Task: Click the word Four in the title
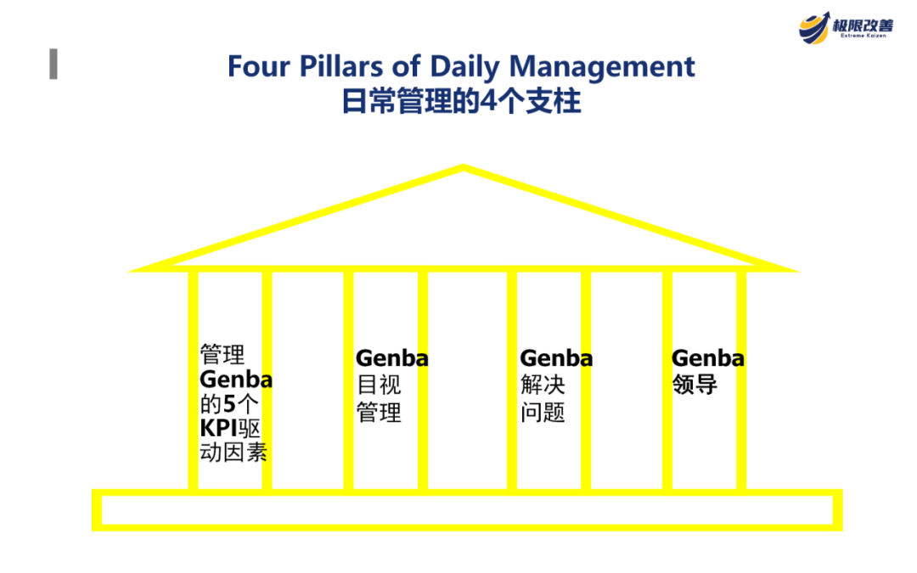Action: (x=258, y=66)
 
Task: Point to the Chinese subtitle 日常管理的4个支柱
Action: (x=461, y=102)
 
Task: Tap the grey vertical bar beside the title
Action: (x=53, y=65)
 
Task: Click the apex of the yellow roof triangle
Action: (x=463, y=168)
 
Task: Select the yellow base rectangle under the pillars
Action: (x=466, y=510)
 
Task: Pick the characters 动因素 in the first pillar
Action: (x=233, y=452)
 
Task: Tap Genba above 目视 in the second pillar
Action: (x=391, y=358)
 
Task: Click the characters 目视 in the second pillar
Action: (x=378, y=385)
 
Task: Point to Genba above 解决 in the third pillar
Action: (x=556, y=358)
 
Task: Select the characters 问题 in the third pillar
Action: (x=543, y=413)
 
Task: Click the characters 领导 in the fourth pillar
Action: (x=695, y=385)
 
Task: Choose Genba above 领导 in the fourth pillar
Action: (x=707, y=358)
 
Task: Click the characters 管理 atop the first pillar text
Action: (x=222, y=353)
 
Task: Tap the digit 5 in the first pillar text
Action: (x=228, y=403)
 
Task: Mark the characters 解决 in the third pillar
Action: (x=543, y=385)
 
